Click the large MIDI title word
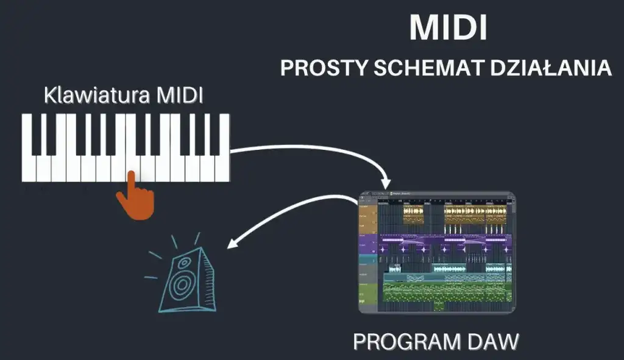click(448, 28)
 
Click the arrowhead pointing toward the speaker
click(230, 244)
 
